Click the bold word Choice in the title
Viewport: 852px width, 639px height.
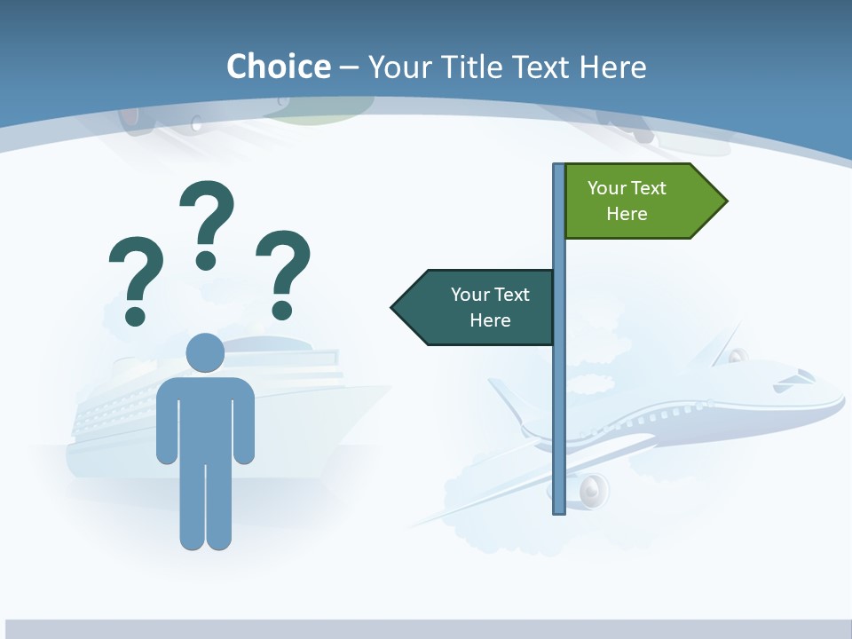point(278,67)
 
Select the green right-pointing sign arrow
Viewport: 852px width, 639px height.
point(639,201)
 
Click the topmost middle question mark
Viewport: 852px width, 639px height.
point(207,222)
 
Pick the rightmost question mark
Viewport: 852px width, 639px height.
point(283,272)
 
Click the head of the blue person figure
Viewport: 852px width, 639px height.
point(205,353)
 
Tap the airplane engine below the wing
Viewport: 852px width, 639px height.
point(593,489)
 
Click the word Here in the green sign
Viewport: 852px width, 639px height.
point(627,214)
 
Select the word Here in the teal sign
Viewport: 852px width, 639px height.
point(490,320)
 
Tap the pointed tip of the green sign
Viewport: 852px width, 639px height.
point(725,201)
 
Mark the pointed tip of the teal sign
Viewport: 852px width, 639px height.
point(394,307)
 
